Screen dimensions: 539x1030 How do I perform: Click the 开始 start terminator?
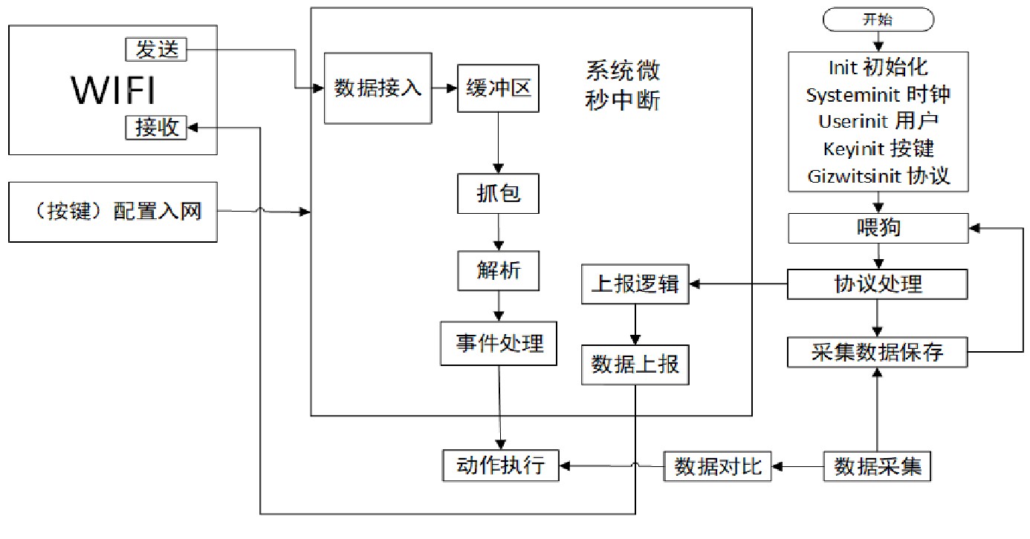pyautogui.click(x=877, y=20)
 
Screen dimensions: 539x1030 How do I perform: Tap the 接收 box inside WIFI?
pyautogui.click(x=156, y=127)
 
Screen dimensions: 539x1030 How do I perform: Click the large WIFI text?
pyautogui.click(x=114, y=91)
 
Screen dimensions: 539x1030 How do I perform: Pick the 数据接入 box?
pyautogui.click(x=378, y=88)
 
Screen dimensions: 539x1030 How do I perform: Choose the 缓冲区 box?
pyautogui.click(x=498, y=88)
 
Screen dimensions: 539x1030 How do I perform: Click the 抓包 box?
pyautogui.click(x=498, y=193)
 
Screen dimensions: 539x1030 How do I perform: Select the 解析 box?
pyautogui.click(x=498, y=270)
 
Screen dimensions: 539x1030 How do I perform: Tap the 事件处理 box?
pyautogui.click(x=499, y=343)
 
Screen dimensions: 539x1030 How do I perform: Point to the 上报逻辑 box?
pyautogui.click(x=635, y=283)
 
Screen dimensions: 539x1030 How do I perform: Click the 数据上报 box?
pyautogui.click(x=635, y=365)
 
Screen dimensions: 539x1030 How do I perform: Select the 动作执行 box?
pyautogui.click(x=500, y=465)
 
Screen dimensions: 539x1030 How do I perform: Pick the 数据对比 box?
pyautogui.click(x=717, y=466)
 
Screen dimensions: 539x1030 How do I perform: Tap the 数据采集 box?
pyautogui.click(x=878, y=466)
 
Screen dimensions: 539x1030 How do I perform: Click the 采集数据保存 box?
pyautogui.click(x=878, y=352)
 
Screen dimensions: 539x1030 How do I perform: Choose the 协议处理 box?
pyautogui.click(x=878, y=284)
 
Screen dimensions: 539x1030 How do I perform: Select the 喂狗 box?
pyautogui.click(x=878, y=227)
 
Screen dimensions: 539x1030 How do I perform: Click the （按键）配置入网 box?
pyautogui.click(x=113, y=212)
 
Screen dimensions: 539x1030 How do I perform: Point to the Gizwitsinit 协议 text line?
pyautogui.click(x=878, y=177)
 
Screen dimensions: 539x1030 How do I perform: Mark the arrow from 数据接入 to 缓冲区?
pyautogui.click(x=444, y=88)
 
